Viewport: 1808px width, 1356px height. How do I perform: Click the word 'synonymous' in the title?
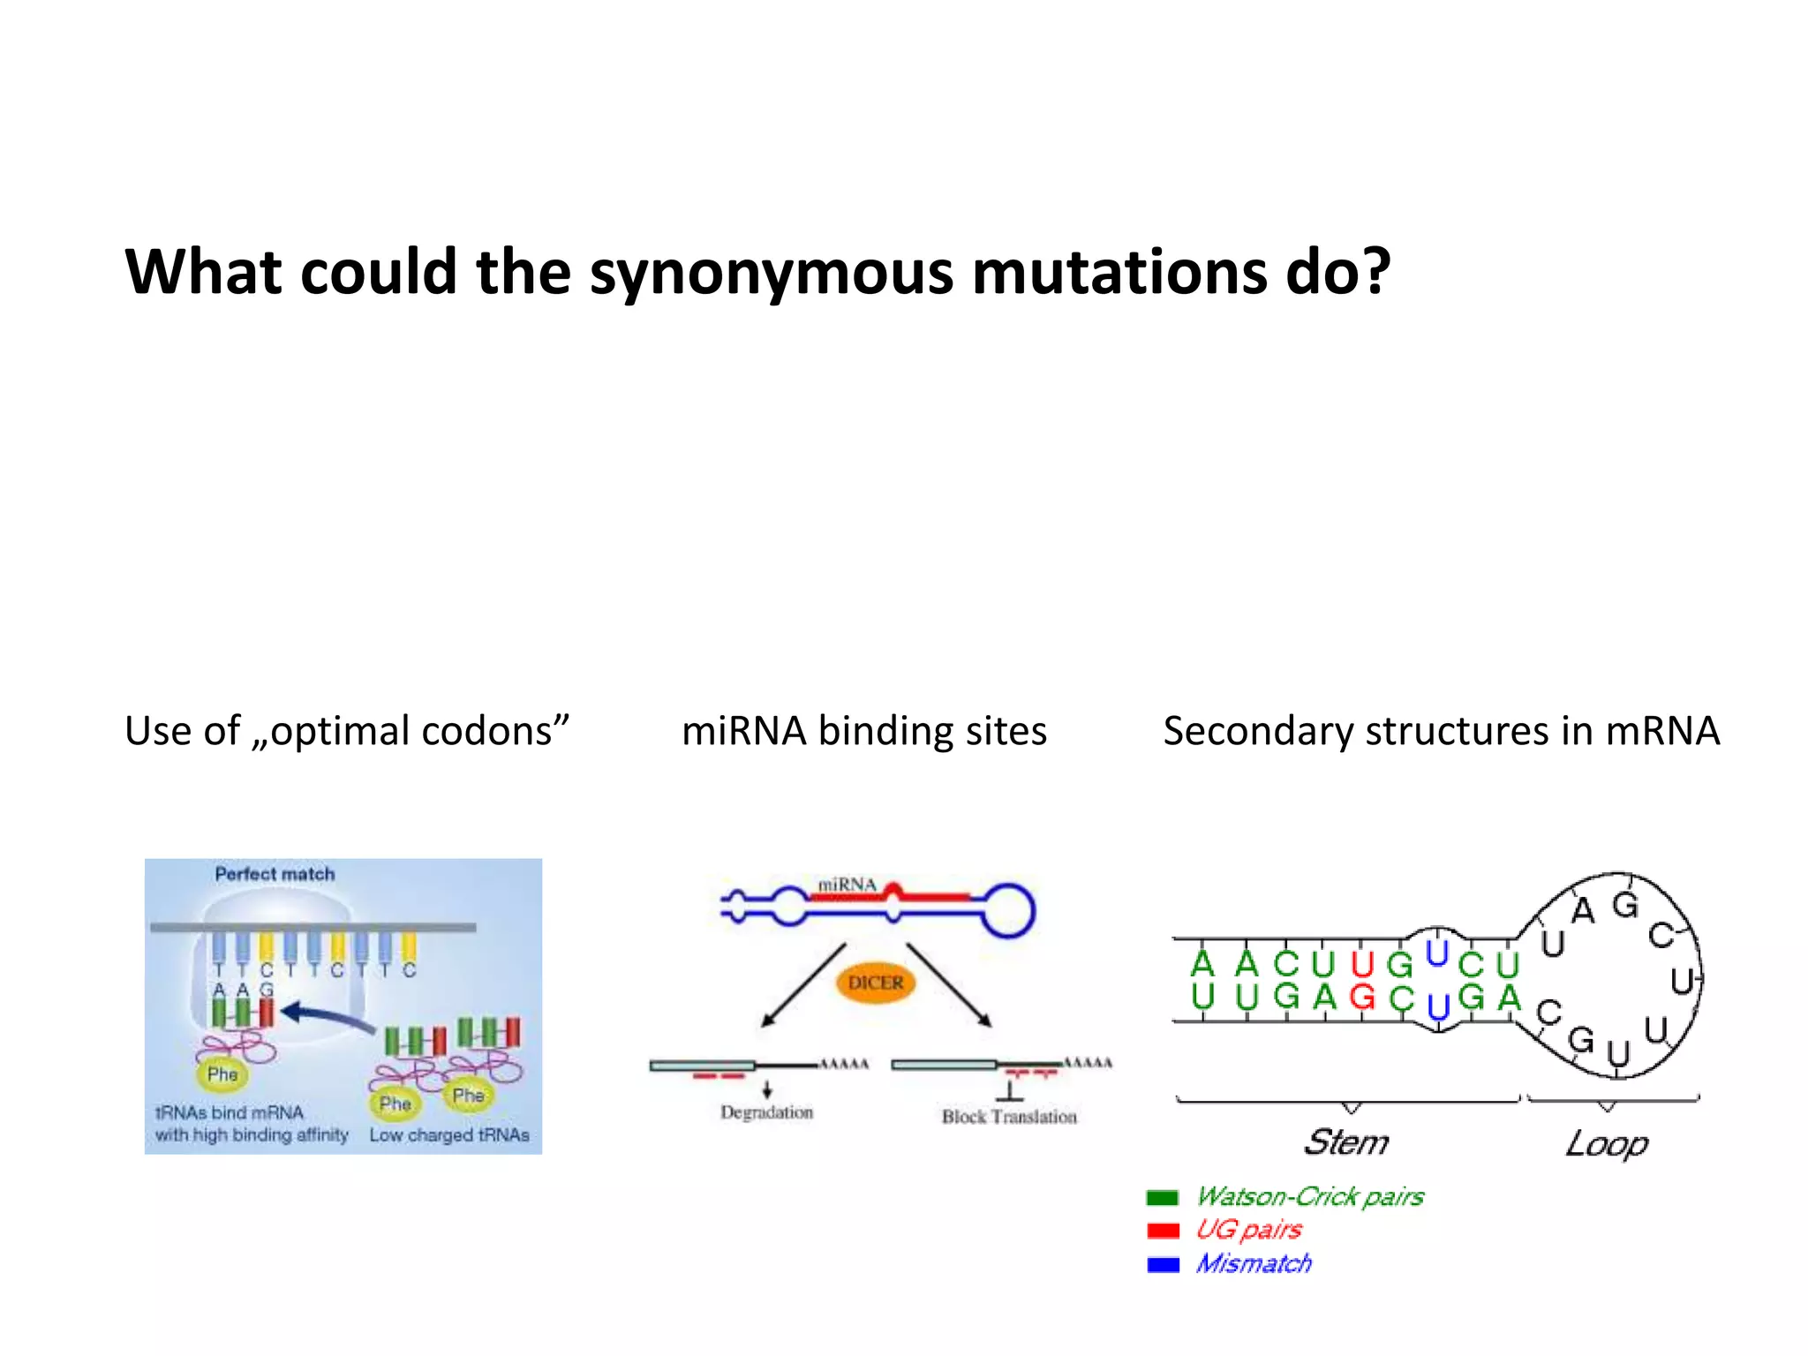(x=771, y=273)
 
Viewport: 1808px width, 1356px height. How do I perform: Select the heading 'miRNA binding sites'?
(x=863, y=731)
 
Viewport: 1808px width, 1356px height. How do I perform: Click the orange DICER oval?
(x=875, y=983)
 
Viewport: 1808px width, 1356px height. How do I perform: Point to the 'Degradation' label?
(x=766, y=1112)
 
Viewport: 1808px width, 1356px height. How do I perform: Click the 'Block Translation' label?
(x=1009, y=1117)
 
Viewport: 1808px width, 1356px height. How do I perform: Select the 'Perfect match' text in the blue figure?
(x=275, y=874)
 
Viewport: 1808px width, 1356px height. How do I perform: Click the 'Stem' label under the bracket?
(x=1345, y=1142)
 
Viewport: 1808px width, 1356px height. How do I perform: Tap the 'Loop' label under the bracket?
(x=1607, y=1144)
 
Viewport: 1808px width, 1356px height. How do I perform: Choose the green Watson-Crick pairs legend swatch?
(x=1163, y=1198)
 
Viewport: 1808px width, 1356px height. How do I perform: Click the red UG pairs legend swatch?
(x=1163, y=1231)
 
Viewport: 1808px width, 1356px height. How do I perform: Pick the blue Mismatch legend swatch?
(x=1163, y=1264)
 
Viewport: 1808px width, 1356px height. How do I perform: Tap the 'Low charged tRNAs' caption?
(x=448, y=1135)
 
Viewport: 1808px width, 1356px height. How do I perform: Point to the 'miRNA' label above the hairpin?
(x=847, y=885)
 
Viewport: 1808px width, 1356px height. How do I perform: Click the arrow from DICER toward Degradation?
(x=803, y=985)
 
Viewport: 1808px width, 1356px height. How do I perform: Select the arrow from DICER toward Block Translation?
(x=949, y=985)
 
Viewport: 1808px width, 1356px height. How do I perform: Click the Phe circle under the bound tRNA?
(x=222, y=1074)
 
